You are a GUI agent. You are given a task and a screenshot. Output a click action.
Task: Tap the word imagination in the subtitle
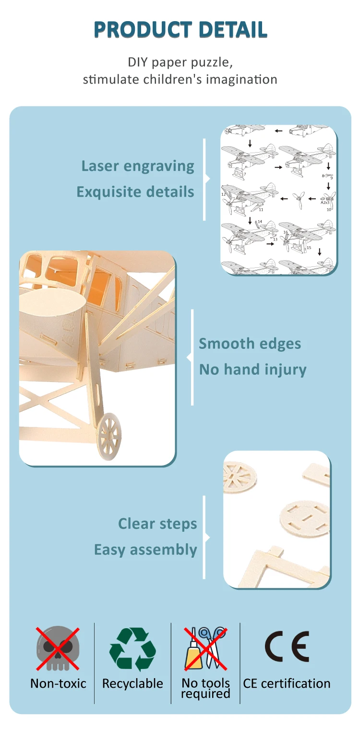point(241,79)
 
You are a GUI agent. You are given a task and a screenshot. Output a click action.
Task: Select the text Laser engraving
point(138,166)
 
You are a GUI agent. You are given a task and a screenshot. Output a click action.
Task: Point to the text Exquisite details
point(135,192)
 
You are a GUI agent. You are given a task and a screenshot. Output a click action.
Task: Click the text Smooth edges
point(250,344)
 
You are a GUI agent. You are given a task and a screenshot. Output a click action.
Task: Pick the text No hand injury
point(252,370)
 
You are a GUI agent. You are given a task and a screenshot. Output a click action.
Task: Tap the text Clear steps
point(157,524)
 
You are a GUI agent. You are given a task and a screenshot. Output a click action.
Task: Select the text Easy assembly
point(145,550)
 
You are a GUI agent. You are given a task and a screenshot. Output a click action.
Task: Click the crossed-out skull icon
point(58,648)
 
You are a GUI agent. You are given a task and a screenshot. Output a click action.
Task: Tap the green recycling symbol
point(132,649)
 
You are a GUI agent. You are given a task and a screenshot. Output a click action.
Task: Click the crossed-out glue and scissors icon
point(205,648)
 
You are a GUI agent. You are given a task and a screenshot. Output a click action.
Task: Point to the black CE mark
point(287,646)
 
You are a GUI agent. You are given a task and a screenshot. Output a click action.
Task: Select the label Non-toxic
point(58,683)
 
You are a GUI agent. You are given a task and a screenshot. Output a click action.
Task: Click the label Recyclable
point(132,683)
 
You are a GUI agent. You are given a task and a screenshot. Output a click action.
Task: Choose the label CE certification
point(287,683)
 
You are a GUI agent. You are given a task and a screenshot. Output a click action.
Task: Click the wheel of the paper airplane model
point(109,436)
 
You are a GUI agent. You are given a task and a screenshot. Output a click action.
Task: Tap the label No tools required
point(205,688)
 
